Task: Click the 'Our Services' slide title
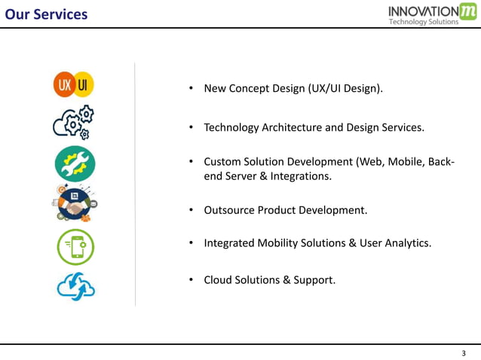[x=45, y=14]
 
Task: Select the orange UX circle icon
[x=64, y=84]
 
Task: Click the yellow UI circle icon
[x=84, y=84]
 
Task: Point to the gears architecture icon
[x=73, y=124]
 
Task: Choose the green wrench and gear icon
[x=75, y=163]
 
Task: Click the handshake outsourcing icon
[x=74, y=203]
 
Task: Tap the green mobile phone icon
[x=75, y=247]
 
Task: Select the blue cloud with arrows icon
[x=76, y=287]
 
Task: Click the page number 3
[x=464, y=353]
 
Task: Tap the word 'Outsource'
[x=229, y=210]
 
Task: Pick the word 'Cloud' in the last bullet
[x=219, y=280]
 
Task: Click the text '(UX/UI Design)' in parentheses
[x=345, y=89]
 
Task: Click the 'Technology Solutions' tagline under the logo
[x=423, y=22]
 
